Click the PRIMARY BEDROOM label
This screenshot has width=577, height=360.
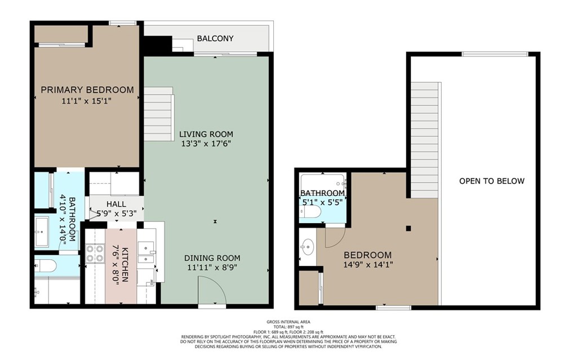87,90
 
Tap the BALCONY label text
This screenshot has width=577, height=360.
215,39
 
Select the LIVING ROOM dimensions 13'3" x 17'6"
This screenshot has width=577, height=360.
206,144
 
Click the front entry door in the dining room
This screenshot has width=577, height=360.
211,292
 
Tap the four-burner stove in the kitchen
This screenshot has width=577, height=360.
94,254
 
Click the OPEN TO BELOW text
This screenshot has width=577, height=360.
491,181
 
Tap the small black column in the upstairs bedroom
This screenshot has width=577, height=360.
409,228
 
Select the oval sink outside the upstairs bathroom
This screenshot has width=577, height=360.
307,246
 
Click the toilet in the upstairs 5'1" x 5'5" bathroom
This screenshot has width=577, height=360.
312,211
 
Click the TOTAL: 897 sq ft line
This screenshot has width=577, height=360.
288,326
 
